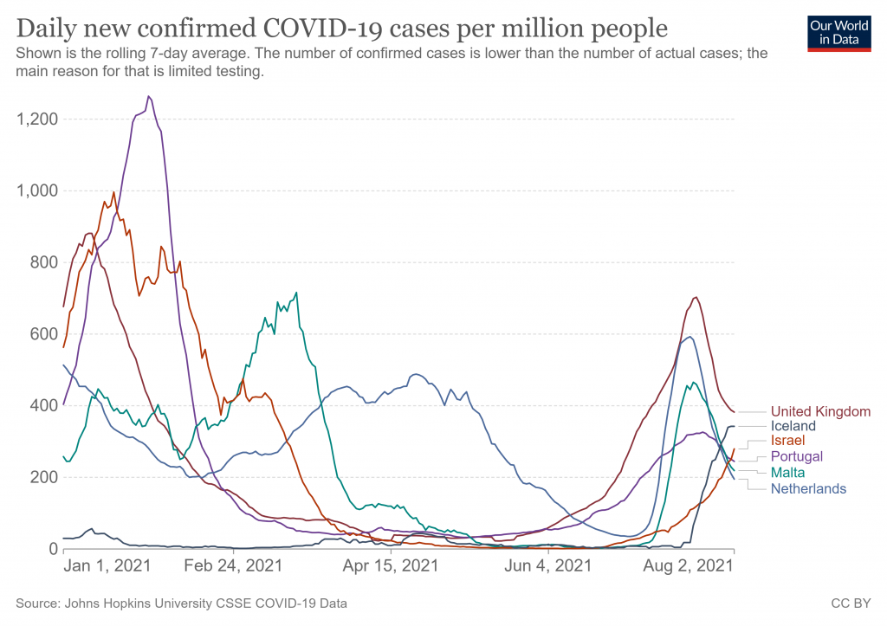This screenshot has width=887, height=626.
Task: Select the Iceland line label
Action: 793,426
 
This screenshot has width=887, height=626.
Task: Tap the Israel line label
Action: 787,441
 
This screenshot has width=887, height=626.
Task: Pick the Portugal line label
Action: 796,456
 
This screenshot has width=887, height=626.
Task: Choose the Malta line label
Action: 787,473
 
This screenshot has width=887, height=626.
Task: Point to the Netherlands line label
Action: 808,488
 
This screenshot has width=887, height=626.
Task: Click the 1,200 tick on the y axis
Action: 36,119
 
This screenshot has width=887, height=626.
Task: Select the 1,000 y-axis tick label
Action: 36,190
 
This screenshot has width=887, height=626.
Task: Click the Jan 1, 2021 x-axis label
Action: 107,567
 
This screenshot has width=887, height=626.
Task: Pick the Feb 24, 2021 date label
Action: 233,567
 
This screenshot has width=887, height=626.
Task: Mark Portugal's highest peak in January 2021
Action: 149,96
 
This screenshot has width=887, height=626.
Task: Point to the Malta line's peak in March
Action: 296,293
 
